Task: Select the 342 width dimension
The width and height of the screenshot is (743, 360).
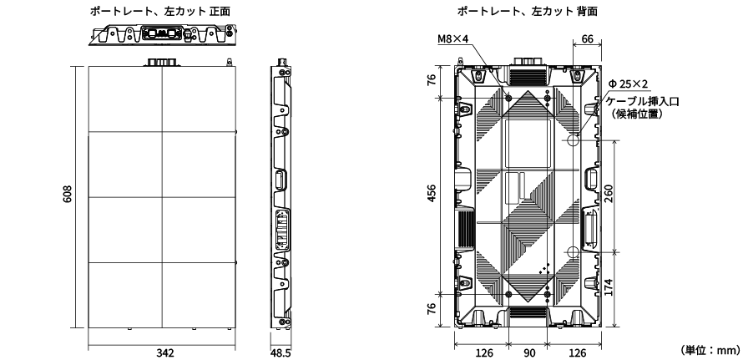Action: pyautogui.click(x=165, y=352)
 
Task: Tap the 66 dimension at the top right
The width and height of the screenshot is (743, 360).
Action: pyautogui.click(x=587, y=38)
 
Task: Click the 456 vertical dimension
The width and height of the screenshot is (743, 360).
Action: pyautogui.click(x=431, y=195)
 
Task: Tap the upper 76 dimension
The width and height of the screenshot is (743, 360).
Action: pyautogui.click(x=431, y=80)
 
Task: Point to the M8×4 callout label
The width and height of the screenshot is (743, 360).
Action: pyautogui.click(x=454, y=39)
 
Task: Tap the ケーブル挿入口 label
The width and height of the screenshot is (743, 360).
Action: pyautogui.click(x=644, y=99)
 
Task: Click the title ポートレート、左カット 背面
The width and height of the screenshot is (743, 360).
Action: pyautogui.click(x=527, y=9)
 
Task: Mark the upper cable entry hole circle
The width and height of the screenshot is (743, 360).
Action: pyautogui.click(x=574, y=140)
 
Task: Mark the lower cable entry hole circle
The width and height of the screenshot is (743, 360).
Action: pyautogui.click(x=574, y=252)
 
